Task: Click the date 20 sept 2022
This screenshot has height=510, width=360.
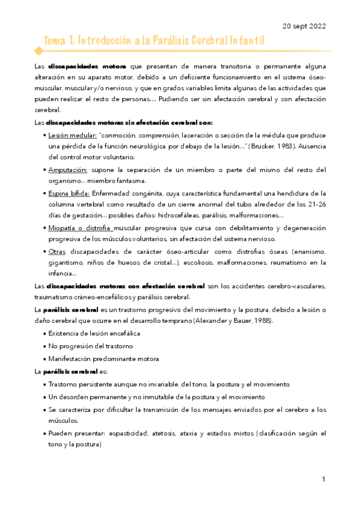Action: [305, 26]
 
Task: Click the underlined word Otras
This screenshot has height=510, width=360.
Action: [58, 251]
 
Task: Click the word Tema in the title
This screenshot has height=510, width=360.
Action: [55, 40]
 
